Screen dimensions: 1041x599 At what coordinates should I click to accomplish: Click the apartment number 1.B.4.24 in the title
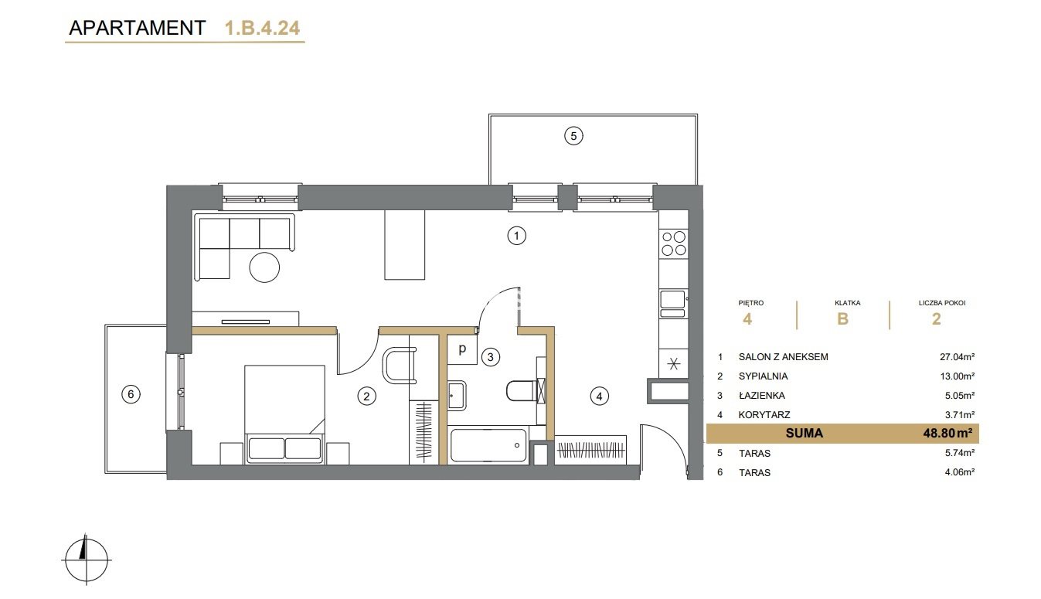[262, 28]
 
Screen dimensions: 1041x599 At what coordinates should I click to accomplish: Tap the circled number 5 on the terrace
[573, 136]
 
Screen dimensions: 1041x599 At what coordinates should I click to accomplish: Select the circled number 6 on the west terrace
[131, 394]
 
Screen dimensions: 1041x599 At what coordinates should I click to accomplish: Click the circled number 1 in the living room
[516, 236]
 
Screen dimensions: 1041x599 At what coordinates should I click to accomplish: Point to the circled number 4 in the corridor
[599, 396]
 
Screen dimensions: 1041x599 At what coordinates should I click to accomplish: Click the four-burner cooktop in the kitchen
[674, 243]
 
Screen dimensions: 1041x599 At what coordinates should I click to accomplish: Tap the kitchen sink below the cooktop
[673, 304]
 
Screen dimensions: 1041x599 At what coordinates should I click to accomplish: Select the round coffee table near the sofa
[264, 267]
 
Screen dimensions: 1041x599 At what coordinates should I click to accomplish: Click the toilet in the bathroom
[525, 390]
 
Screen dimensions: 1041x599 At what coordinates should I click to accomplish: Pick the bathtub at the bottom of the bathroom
[489, 445]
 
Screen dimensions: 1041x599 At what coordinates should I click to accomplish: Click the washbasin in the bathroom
[457, 396]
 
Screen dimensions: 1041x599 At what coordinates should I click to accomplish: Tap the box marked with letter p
[462, 349]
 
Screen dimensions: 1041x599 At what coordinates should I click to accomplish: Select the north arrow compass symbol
[87, 559]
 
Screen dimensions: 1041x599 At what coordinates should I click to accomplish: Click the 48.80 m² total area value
[947, 433]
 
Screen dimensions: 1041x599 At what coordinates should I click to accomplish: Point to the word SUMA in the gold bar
[804, 433]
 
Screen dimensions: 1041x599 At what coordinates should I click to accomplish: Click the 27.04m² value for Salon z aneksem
[957, 357]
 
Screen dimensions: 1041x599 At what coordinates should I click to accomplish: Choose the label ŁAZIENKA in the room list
[762, 396]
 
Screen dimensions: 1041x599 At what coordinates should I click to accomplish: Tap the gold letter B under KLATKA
[842, 319]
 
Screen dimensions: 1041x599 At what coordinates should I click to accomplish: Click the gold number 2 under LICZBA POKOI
[937, 319]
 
